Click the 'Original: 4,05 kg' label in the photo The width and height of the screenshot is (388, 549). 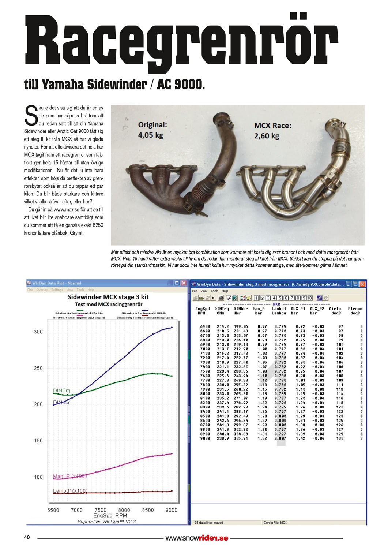click(152, 130)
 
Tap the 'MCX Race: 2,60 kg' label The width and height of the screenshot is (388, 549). click(272, 131)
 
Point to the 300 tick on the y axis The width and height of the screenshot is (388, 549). click(38, 332)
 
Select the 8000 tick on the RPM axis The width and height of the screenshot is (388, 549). click(124, 510)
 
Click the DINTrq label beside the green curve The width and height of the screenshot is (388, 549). click(61, 391)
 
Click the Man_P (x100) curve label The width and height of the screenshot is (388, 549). click(69, 476)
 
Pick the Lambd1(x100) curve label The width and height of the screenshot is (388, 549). click(70, 491)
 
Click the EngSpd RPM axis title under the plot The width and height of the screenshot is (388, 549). click(110, 515)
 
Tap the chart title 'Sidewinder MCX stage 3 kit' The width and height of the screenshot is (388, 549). click(108, 297)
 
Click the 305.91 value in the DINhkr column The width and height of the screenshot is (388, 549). click(241, 438)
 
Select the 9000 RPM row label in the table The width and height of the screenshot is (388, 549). click(205, 438)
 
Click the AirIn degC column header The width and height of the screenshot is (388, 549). click(335, 311)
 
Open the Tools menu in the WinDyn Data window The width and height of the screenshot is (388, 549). click(215, 291)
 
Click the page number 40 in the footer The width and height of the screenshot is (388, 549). click(27, 537)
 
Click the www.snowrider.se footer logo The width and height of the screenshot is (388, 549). click(197, 538)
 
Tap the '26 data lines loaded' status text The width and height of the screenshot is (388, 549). click(209, 522)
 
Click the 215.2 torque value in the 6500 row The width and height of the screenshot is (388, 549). click(223, 326)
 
